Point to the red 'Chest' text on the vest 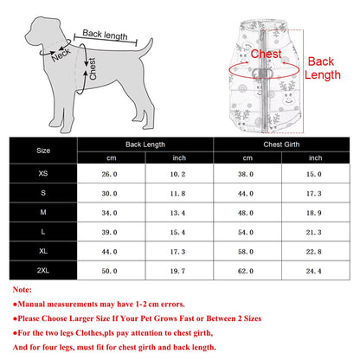[x=266, y=54]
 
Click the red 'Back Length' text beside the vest [x=321, y=69]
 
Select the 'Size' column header [x=42, y=149]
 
